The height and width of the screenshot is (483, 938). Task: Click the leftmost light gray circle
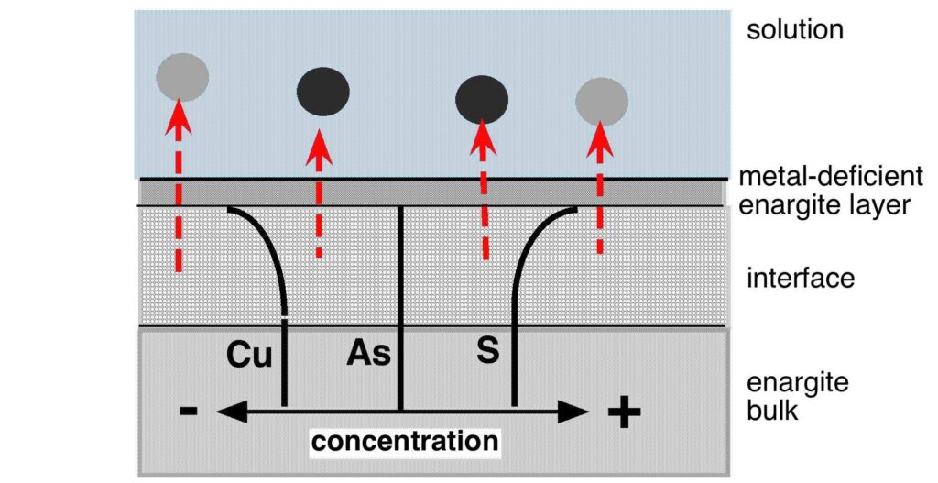180,76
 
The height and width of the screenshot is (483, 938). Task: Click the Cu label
250,355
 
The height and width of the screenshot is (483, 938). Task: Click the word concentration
405,442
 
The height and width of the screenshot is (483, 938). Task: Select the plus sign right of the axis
624,413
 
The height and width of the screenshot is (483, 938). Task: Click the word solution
793,29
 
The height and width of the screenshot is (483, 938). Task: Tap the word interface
801,277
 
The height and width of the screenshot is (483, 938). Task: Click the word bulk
773,410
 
